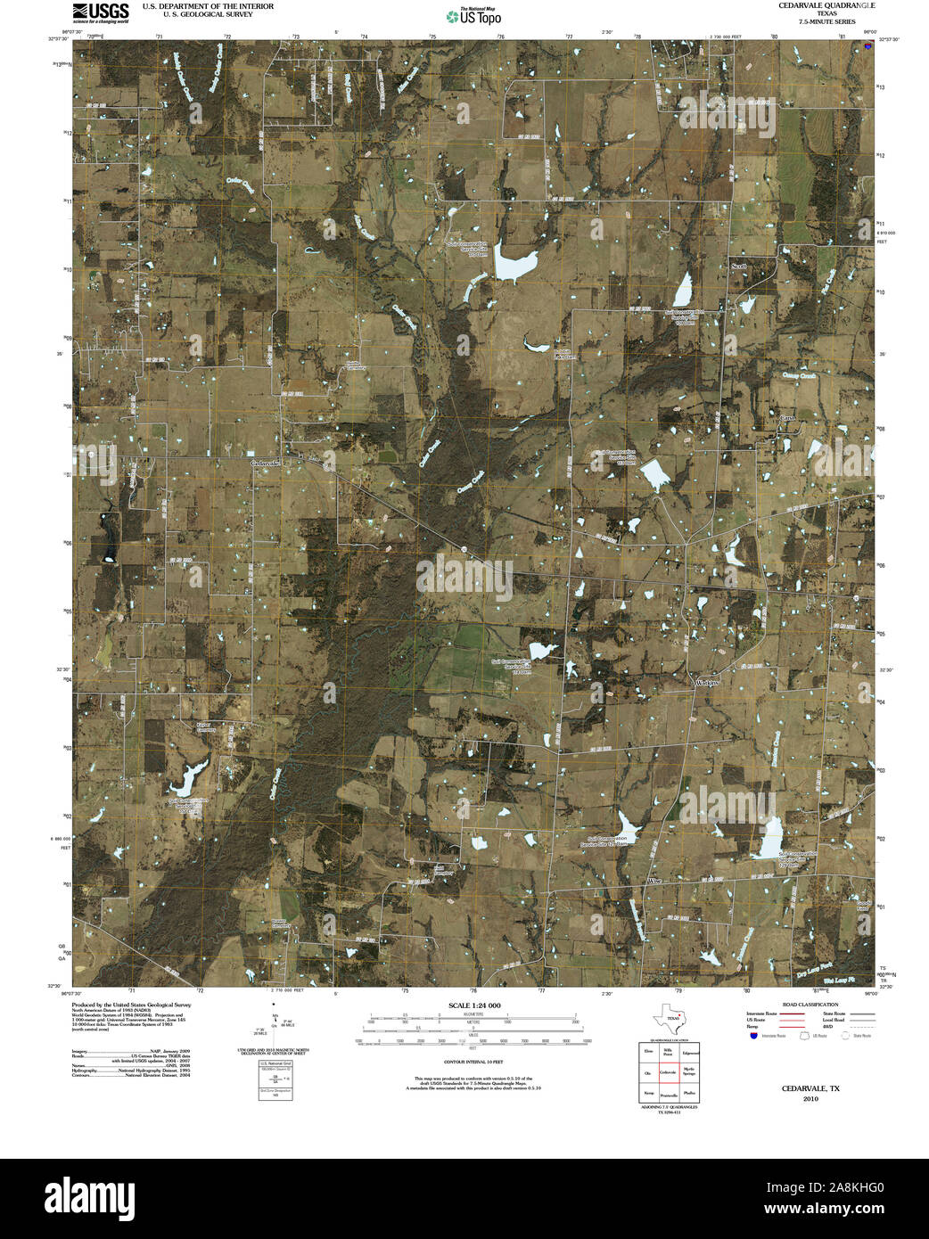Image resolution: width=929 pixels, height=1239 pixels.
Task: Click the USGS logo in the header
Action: [100, 12]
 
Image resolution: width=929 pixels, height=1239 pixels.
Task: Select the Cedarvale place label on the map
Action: [267, 464]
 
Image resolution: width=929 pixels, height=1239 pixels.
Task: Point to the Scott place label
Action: [738, 266]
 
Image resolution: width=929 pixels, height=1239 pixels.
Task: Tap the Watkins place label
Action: [707, 682]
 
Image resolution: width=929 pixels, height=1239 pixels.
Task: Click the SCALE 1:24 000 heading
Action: [473, 1005]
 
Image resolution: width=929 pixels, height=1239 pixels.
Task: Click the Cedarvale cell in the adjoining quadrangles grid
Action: [668, 1074]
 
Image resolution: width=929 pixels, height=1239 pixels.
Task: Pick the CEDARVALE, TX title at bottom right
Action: [810, 1088]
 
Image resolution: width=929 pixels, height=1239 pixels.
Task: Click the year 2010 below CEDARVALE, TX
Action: [810, 1099]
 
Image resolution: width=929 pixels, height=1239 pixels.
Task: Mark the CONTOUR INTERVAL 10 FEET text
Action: [473, 1062]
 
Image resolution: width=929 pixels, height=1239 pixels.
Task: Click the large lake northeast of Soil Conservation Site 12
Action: [517, 264]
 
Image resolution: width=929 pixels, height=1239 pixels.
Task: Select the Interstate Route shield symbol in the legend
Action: [754, 1036]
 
